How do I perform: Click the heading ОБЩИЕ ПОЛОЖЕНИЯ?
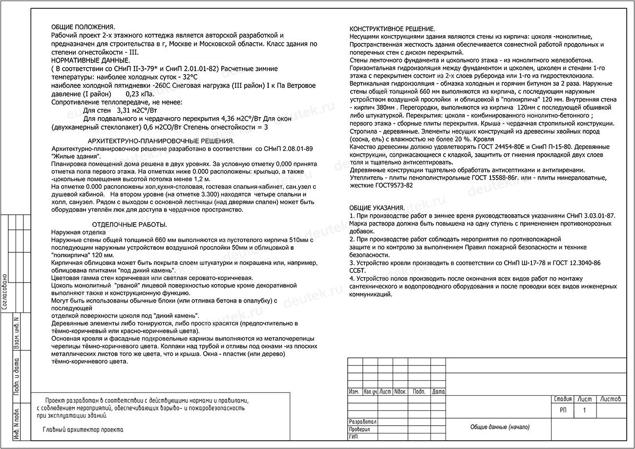[x=83, y=27]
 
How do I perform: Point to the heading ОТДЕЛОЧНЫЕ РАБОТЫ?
[x=129, y=224]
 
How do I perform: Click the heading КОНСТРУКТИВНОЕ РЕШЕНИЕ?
[x=393, y=29]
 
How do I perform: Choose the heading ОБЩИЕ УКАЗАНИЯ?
[x=377, y=208]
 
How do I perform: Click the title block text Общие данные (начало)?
[x=500, y=427]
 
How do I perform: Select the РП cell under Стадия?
[x=563, y=410]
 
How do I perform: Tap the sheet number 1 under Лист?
[x=584, y=410]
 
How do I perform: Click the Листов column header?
[x=611, y=399]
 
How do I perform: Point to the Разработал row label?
[x=363, y=422]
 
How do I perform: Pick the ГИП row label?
[x=354, y=437]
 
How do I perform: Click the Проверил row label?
[x=360, y=429]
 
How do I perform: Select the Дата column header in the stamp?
[x=439, y=391]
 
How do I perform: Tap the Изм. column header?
[x=355, y=391]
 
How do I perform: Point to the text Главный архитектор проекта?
[x=83, y=430]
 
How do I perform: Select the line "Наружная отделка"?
[x=78, y=232]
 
